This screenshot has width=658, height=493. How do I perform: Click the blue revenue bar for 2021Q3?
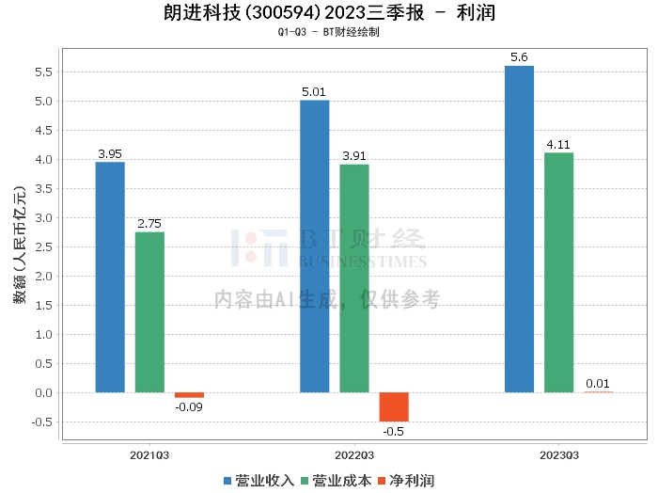coord(110,277)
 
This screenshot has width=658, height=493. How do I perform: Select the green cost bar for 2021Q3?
coord(149,311)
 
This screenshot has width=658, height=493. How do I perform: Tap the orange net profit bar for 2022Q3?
coord(394,406)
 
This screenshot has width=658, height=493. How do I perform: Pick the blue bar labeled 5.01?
coord(314,246)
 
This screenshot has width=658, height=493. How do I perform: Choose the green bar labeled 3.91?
coord(354,278)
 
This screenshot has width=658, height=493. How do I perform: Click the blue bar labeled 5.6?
coord(519,229)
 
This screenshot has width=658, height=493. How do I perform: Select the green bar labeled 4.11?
coord(559,272)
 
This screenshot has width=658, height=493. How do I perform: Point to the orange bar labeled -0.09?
coord(189,395)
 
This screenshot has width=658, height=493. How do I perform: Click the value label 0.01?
coord(598,383)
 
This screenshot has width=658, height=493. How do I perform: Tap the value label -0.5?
coord(394,430)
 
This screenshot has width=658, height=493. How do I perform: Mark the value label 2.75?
coord(149,224)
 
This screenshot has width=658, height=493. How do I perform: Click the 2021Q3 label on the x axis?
coord(149,454)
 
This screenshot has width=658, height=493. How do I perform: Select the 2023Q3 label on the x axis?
coord(558,454)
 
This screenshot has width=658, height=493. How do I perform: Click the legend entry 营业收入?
coord(260,480)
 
